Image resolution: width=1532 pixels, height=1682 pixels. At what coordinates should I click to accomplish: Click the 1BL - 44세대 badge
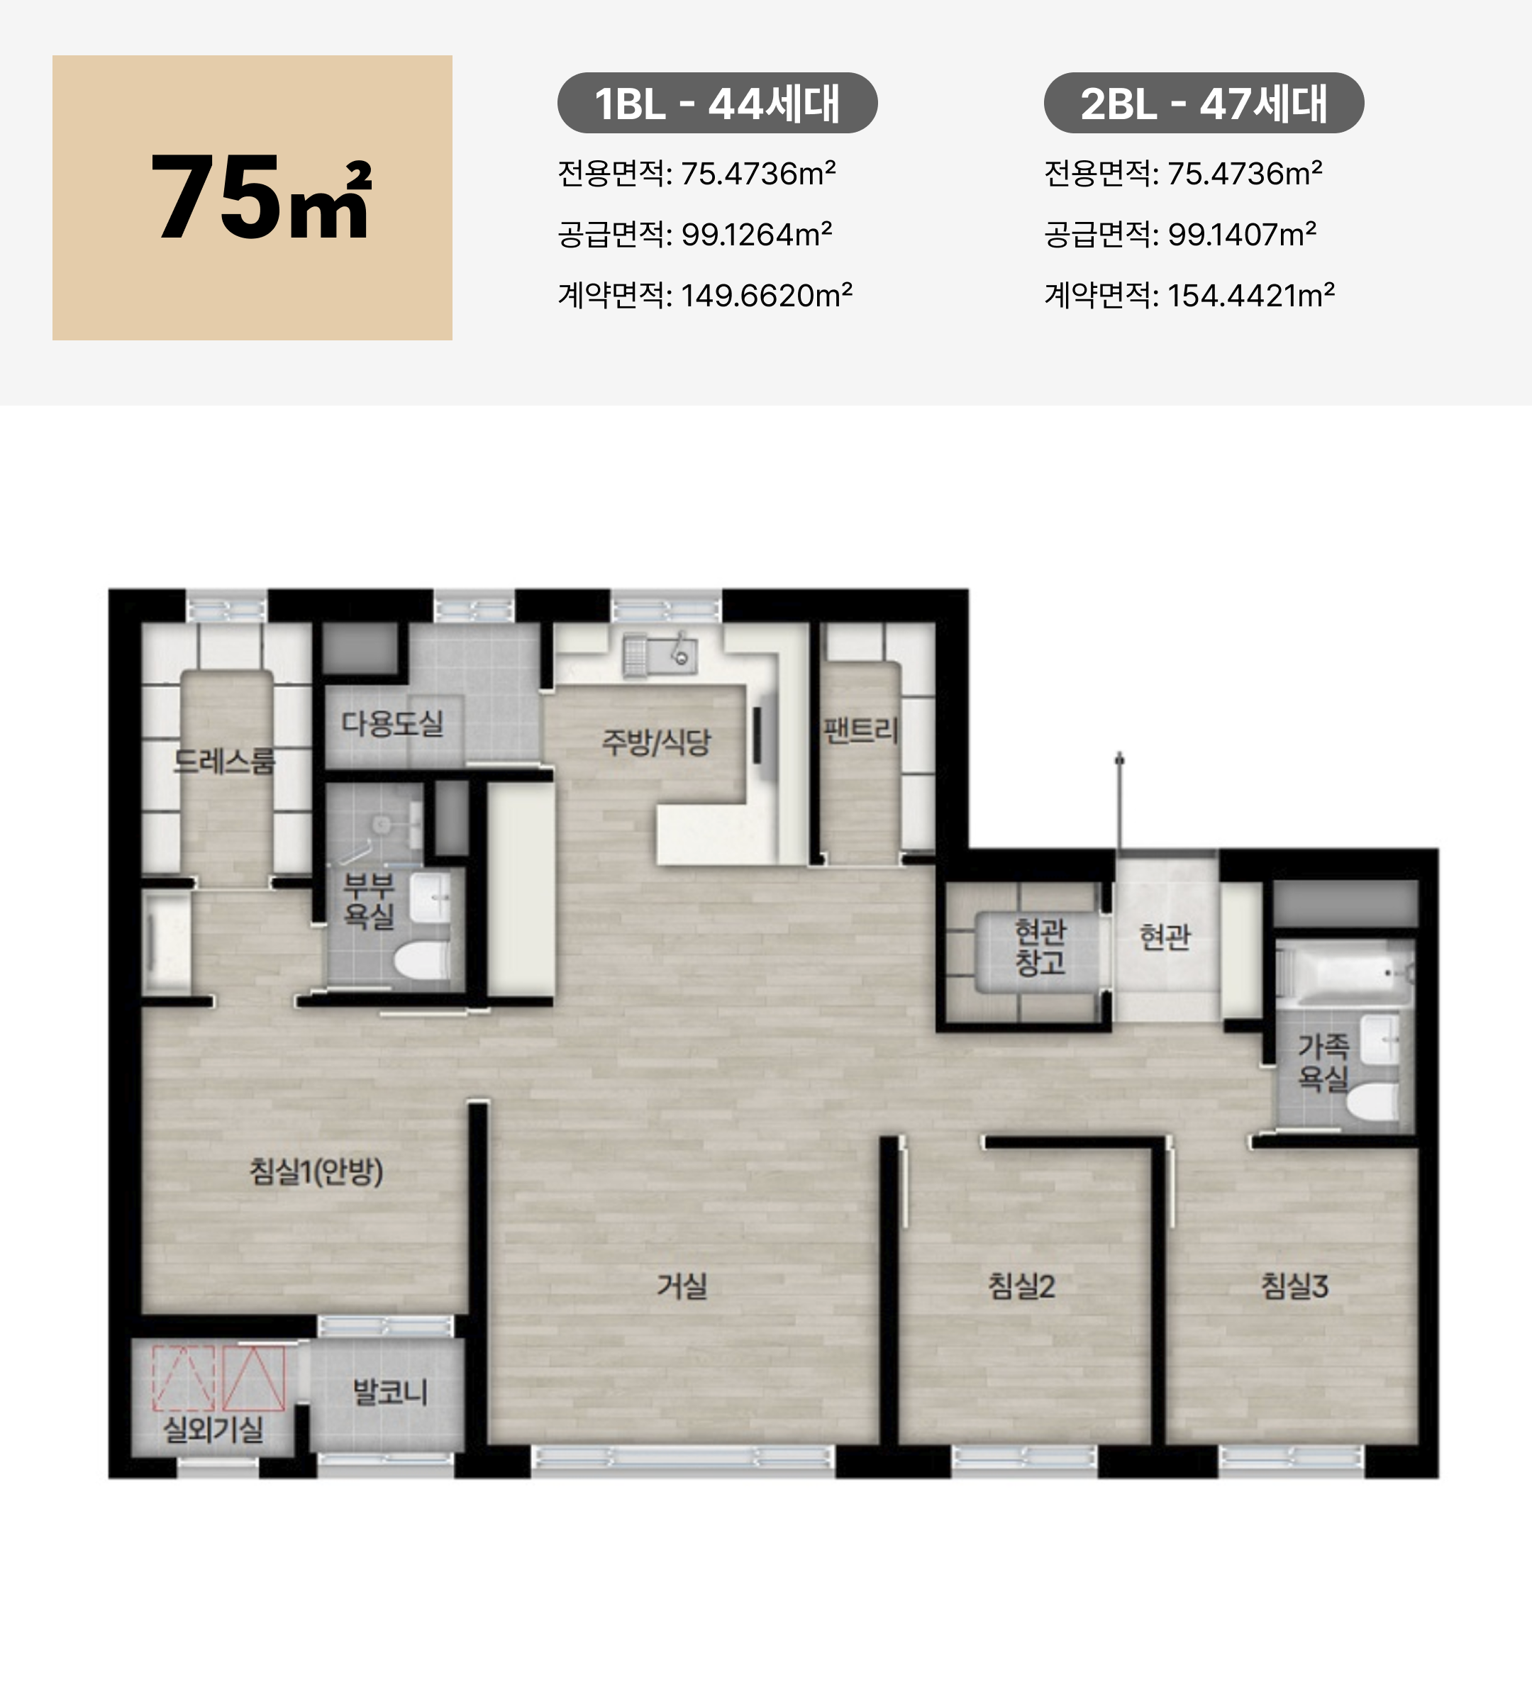click(x=717, y=104)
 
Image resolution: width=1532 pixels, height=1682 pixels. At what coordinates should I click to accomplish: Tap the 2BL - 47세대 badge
click(x=1203, y=104)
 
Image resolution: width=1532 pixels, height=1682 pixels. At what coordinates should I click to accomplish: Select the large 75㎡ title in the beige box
click(x=260, y=199)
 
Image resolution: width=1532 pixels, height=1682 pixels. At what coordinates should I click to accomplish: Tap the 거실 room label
click(x=682, y=1286)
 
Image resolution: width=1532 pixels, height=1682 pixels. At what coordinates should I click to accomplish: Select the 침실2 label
click(x=1021, y=1286)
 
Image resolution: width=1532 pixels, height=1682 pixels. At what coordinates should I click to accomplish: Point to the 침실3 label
click(x=1294, y=1286)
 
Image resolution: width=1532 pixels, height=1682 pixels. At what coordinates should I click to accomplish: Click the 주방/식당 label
click(x=656, y=742)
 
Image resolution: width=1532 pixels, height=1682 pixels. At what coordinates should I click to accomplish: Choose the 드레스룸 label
click(x=223, y=761)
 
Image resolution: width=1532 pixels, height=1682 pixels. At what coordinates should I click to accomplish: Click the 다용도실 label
click(x=392, y=723)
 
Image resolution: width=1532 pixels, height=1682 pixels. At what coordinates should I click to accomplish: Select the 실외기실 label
click(x=213, y=1429)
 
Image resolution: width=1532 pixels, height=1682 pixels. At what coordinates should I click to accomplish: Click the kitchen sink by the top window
click(x=660, y=652)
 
